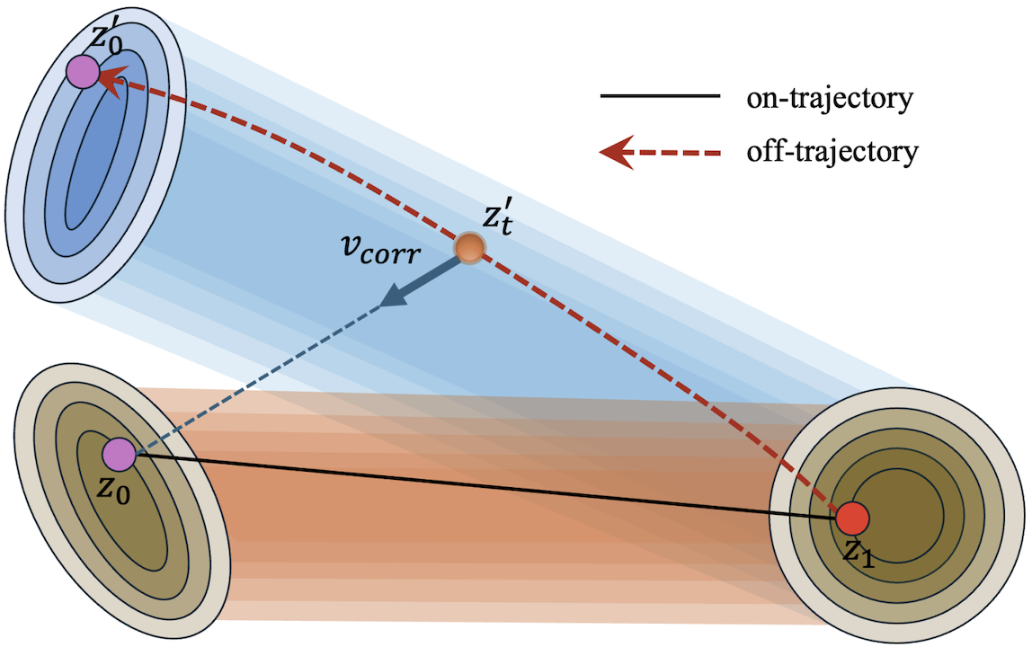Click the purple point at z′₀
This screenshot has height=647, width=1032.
(x=83, y=72)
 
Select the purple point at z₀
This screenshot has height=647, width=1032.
(x=120, y=454)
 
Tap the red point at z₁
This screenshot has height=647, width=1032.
(x=852, y=518)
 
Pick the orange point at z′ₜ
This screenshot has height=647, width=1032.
(x=469, y=248)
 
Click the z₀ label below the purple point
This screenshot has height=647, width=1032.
(x=114, y=488)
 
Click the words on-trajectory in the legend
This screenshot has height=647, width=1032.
(x=830, y=98)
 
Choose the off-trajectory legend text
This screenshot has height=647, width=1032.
(x=832, y=151)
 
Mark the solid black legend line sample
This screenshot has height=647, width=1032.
(x=660, y=96)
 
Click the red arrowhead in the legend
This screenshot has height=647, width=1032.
(x=617, y=152)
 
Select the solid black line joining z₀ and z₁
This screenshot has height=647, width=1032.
(x=485, y=486)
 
